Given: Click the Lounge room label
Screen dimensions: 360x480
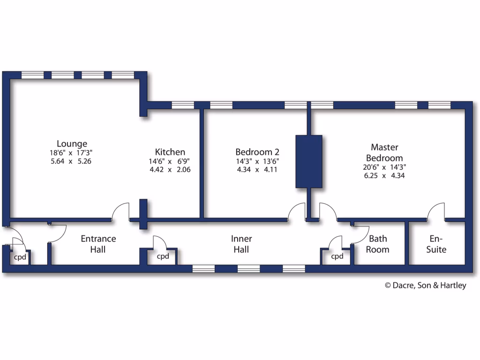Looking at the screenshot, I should point(72,143).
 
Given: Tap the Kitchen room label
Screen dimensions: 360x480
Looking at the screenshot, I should point(170,152).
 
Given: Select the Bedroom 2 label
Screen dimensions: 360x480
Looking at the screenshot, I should point(257,152).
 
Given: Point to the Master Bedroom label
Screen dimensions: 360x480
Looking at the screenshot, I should point(384,152).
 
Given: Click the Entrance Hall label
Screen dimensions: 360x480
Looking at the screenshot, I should point(98,244).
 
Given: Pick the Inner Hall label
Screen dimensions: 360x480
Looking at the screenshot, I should point(241,244).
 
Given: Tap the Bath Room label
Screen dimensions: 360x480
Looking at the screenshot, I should point(377,244).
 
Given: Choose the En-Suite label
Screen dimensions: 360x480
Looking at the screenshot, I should point(436,244).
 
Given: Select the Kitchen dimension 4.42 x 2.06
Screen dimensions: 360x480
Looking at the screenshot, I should point(170,170).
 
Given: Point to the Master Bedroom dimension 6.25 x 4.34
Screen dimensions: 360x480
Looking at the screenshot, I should point(384,176).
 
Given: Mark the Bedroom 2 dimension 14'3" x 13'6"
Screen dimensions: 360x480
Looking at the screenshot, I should point(257,161).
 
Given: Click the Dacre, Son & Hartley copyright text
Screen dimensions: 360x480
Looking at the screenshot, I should point(425,285).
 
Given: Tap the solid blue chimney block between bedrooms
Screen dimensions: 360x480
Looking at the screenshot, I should point(309,162).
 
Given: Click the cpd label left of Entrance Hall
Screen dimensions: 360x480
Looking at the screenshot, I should point(19,257).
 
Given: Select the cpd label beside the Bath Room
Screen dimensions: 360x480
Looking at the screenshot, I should point(337,256).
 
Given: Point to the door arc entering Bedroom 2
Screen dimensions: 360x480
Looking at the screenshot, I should point(297,211).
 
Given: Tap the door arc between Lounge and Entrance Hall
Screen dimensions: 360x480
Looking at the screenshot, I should point(120,211).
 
